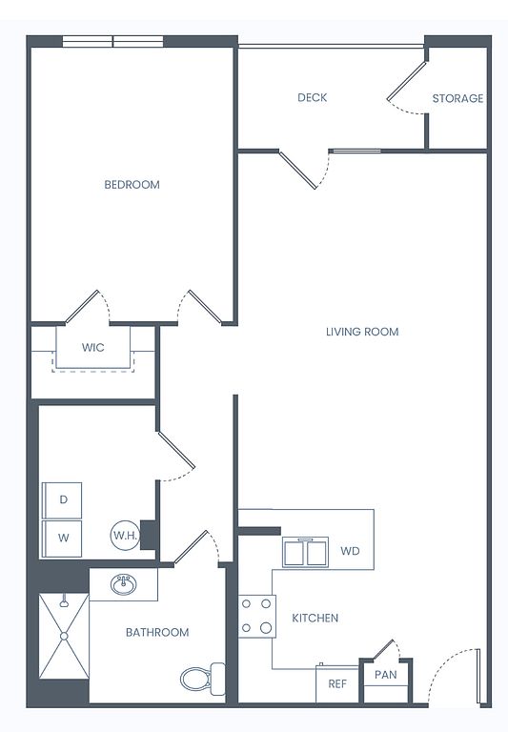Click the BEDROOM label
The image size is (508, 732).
pyautogui.click(x=132, y=184)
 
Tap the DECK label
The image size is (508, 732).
pyautogui.click(x=313, y=97)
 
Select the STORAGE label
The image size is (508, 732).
pyautogui.click(x=457, y=98)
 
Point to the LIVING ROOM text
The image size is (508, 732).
pyautogui.click(x=362, y=332)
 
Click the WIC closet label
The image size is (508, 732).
pyautogui.click(x=92, y=347)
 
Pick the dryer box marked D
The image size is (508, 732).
pyautogui.click(x=63, y=500)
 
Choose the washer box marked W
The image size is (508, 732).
pyautogui.click(x=63, y=539)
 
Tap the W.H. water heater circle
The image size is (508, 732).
pyautogui.click(x=125, y=535)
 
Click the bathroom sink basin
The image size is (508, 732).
pyautogui.click(x=124, y=584)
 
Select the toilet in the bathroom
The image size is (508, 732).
pyautogui.click(x=202, y=679)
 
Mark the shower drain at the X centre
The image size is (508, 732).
pyautogui.click(x=64, y=636)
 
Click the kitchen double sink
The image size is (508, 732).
pyautogui.click(x=305, y=553)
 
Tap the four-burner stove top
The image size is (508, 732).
pyautogui.click(x=256, y=617)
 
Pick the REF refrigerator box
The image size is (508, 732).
pyautogui.click(x=337, y=684)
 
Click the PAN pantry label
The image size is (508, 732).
pyautogui.click(x=386, y=675)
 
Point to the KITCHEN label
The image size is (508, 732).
pyautogui.click(x=315, y=618)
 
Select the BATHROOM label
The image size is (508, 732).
pyautogui.click(x=157, y=633)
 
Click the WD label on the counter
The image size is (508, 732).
pyautogui.click(x=350, y=551)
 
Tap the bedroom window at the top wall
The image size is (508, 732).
pyautogui.click(x=113, y=42)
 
